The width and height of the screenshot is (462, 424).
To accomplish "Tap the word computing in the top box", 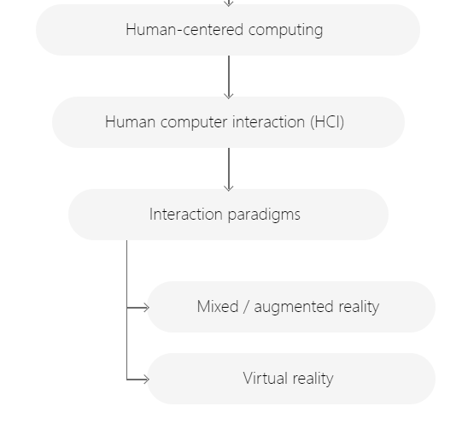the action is (285, 32).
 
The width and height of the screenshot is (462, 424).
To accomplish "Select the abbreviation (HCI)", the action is (327, 122).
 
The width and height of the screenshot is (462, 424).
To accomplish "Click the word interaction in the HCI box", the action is (269, 121).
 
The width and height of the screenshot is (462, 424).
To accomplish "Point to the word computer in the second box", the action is (194, 123).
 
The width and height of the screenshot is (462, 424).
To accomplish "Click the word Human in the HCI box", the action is (131, 121).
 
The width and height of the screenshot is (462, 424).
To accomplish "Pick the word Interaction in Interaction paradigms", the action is (186, 214).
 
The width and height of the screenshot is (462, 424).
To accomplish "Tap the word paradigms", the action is (264, 215).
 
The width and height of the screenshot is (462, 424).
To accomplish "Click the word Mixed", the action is (218, 306).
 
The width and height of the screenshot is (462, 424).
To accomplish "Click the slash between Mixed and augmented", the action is (246, 307).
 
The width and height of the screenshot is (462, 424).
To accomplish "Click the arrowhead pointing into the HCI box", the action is (229, 96).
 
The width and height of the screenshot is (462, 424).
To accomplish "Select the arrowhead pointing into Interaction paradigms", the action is (229, 188).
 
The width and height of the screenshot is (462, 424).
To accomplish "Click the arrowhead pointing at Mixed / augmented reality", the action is (146, 308).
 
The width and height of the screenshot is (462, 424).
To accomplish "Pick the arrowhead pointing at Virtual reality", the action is (146, 380).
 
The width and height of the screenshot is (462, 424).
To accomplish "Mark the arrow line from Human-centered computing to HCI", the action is (229, 77).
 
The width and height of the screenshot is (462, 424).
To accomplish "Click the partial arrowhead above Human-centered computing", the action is (229, 3).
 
